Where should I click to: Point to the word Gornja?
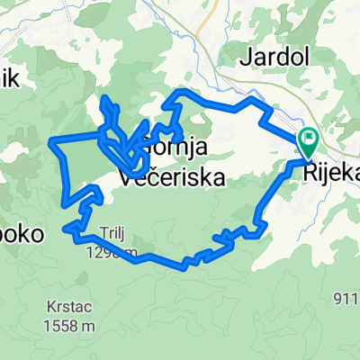click(x=176, y=149)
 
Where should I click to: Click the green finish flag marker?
click(x=309, y=139)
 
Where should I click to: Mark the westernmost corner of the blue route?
click(x=51, y=140)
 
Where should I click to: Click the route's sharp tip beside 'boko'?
click(x=65, y=229)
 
